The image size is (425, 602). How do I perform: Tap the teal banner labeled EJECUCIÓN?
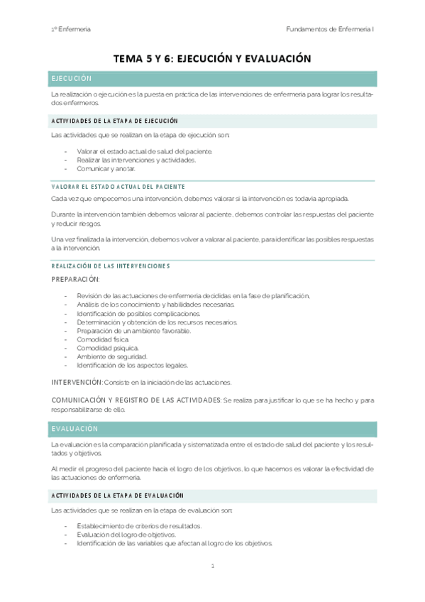click(213, 79)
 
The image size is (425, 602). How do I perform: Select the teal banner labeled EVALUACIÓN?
click(213, 429)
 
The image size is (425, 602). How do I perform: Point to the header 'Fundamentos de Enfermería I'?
click(330, 29)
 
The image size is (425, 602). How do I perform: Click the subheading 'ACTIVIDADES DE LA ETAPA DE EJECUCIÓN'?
click(114, 121)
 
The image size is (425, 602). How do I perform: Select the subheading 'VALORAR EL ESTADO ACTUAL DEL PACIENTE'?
click(114, 185)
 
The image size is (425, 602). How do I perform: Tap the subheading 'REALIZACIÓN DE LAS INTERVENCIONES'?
click(111, 266)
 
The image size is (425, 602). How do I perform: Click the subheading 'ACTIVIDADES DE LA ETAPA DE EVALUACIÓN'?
click(117, 495)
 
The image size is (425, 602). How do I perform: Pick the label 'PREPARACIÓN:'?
click(76, 279)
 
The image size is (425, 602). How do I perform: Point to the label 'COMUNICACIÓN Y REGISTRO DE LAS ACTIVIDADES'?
click(136, 400)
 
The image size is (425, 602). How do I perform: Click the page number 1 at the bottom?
click(212, 566)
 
